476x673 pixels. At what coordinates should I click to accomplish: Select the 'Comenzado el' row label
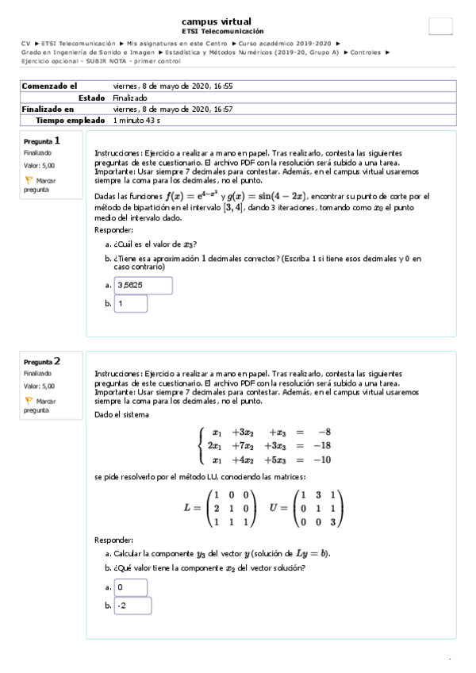(x=49, y=86)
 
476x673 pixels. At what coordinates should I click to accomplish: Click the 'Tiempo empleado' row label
(x=70, y=121)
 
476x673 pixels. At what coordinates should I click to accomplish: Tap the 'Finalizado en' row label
(x=48, y=109)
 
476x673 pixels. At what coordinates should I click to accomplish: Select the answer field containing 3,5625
(x=143, y=285)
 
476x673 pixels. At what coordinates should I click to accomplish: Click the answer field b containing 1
(x=131, y=303)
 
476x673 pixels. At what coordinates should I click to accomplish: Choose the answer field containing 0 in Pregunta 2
(x=131, y=587)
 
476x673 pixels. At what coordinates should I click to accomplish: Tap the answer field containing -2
(x=132, y=606)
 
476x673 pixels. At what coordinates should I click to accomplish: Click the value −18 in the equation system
(x=321, y=446)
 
